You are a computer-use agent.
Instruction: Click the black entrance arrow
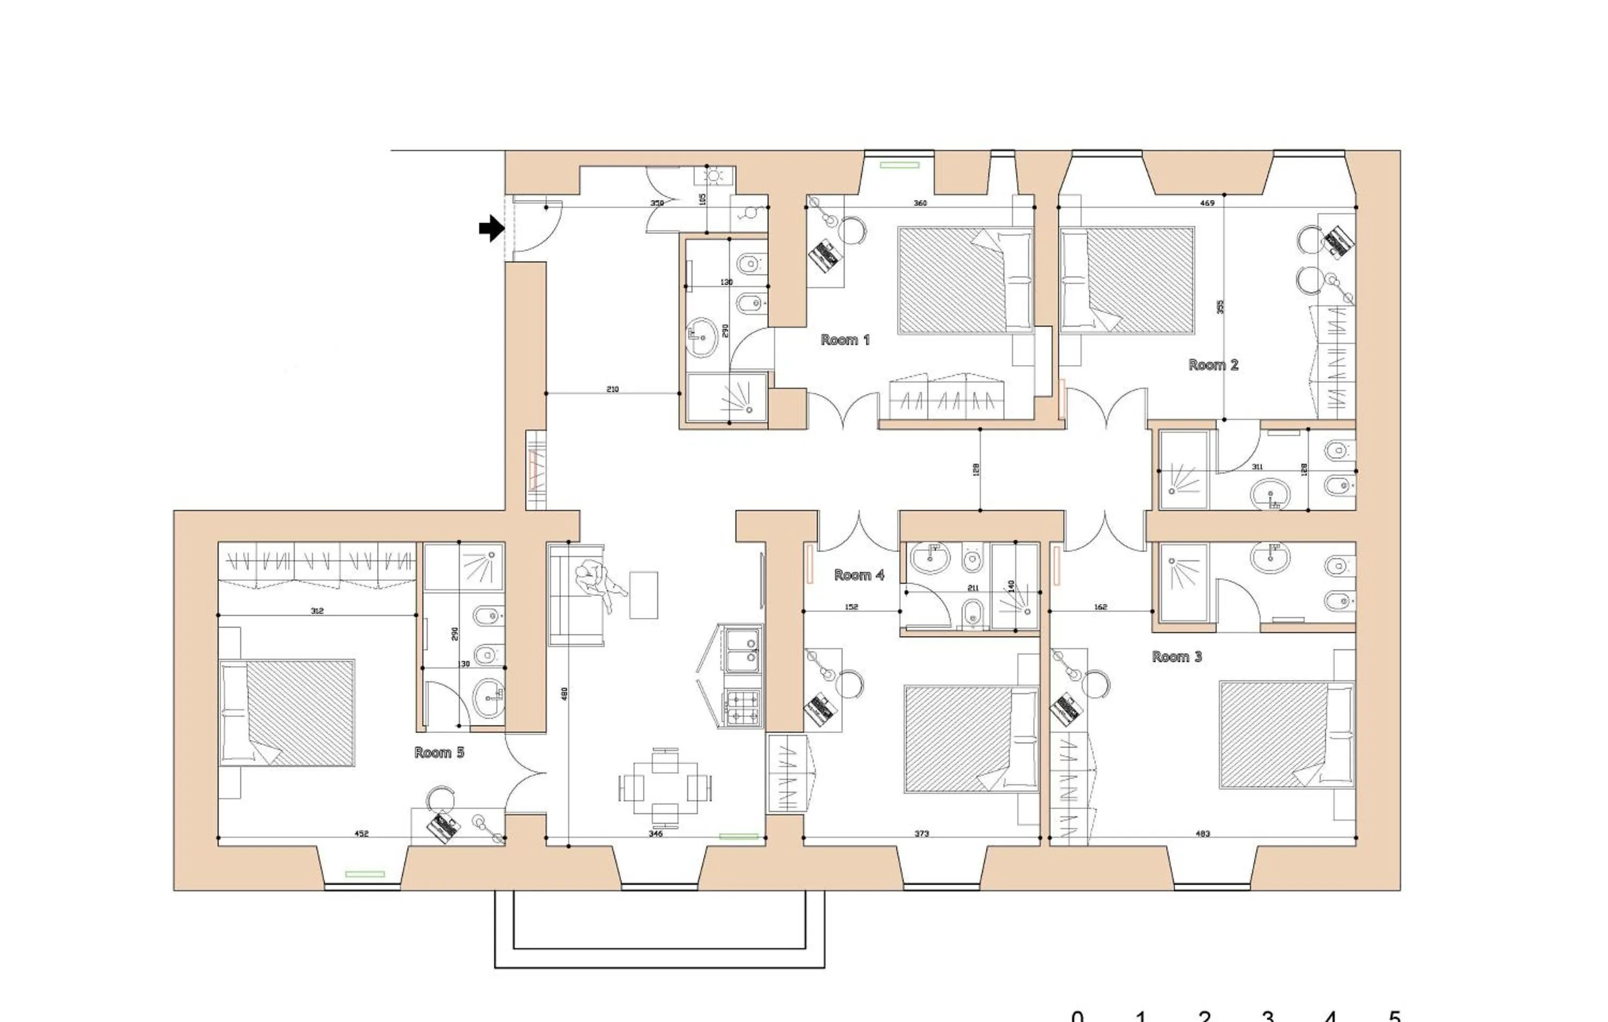(x=492, y=228)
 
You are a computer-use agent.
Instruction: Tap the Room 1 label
(x=845, y=340)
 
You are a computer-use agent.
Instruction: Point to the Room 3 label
(x=1177, y=657)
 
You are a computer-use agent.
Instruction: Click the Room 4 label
(x=859, y=575)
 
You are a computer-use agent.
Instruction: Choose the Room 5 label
(x=439, y=753)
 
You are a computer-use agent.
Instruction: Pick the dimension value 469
(x=1207, y=203)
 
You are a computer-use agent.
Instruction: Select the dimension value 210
(x=612, y=389)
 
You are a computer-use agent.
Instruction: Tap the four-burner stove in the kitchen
(x=742, y=709)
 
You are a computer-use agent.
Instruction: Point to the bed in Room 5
(x=287, y=713)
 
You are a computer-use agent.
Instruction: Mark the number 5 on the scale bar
(x=1394, y=1016)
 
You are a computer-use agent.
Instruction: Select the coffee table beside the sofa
(x=643, y=595)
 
